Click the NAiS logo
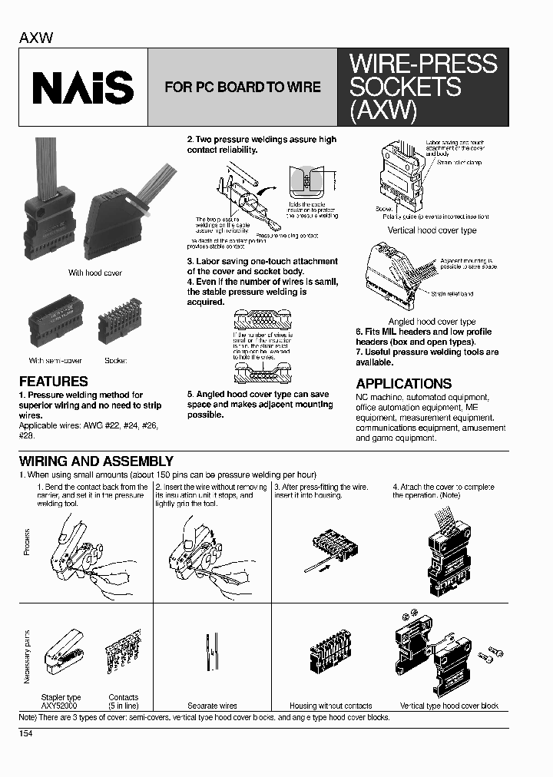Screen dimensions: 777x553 point(83,88)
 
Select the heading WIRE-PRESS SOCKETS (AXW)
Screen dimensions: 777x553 point(423,88)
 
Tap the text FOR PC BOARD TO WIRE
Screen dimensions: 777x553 point(243,88)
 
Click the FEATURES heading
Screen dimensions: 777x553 point(53,382)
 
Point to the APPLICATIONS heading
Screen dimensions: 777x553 point(403,384)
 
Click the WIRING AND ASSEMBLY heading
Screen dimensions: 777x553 point(96,461)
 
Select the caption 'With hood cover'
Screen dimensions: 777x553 point(94,273)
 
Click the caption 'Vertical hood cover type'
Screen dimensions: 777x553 point(432,230)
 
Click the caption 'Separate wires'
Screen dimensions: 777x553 point(212,706)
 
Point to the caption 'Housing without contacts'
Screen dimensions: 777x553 point(330,706)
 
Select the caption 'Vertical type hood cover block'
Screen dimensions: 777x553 point(449,706)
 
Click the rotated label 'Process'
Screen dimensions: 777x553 point(27,542)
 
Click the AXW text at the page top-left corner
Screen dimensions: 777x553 point(36,38)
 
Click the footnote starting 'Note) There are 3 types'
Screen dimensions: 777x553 point(204,717)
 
